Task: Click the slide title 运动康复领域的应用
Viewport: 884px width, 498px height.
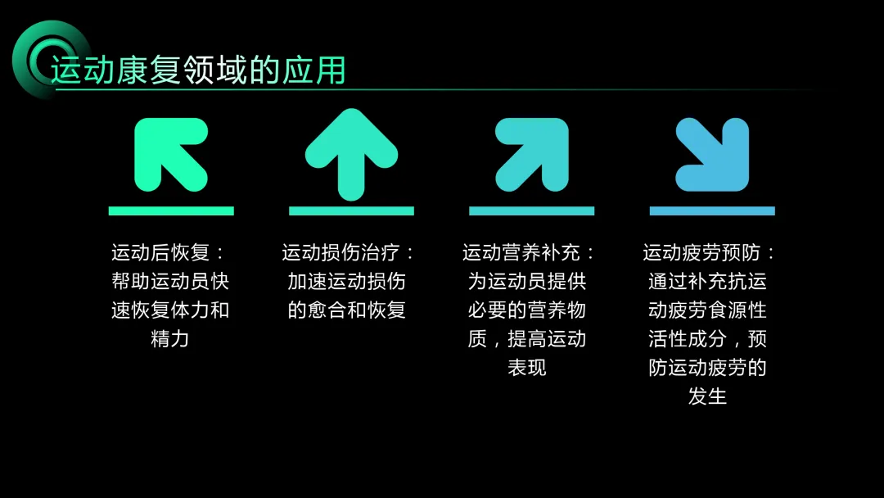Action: pos(198,70)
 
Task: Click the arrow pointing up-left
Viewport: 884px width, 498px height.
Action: pos(169,153)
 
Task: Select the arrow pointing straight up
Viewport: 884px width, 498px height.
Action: pos(351,154)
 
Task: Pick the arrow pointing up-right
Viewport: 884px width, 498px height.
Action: pos(533,153)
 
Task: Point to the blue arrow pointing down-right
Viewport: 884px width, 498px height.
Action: pos(713,154)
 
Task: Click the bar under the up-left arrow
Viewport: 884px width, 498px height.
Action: pos(171,211)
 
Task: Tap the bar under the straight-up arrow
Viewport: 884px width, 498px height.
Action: pos(351,211)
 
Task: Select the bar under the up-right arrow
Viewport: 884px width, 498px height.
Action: pos(532,211)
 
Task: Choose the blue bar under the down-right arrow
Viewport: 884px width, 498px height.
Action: pos(712,211)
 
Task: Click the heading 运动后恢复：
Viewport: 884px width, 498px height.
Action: pos(169,253)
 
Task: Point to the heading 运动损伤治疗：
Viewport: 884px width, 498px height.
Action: pos(350,253)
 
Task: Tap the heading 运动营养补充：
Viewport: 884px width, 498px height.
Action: pos(530,253)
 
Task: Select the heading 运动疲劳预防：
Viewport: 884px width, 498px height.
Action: pos(710,253)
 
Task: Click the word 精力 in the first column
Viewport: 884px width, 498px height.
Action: pos(170,339)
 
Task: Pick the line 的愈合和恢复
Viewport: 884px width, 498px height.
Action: pos(347,310)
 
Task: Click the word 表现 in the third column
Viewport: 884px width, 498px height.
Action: pos(527,368)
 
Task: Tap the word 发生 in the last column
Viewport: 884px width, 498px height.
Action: pos(707,396)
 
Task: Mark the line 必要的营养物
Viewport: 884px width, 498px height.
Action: pos(527,310)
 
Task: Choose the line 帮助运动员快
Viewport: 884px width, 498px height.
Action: pos(170,282)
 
